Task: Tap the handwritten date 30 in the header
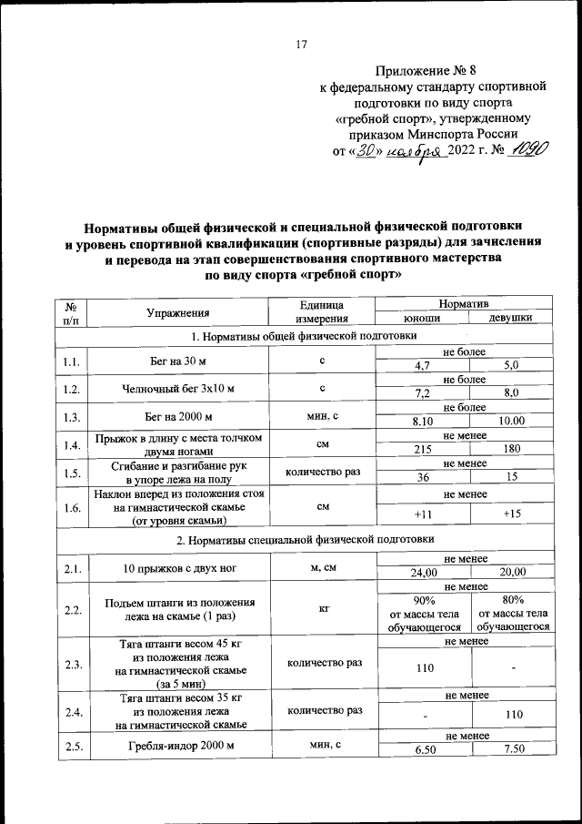click(x=365, y=151)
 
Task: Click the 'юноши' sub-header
click(x=422, y=319)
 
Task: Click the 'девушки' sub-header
click(x=509, y=319)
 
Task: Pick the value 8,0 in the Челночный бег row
click(x=509, y=393)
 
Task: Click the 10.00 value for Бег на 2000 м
click(x=509, y=422)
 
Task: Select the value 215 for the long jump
click(x=422, y=450)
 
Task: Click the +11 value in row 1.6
click(x=422, y=514)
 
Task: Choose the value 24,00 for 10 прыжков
click(x=422, y=572)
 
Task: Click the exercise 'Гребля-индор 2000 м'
click(x=178, y=748)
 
